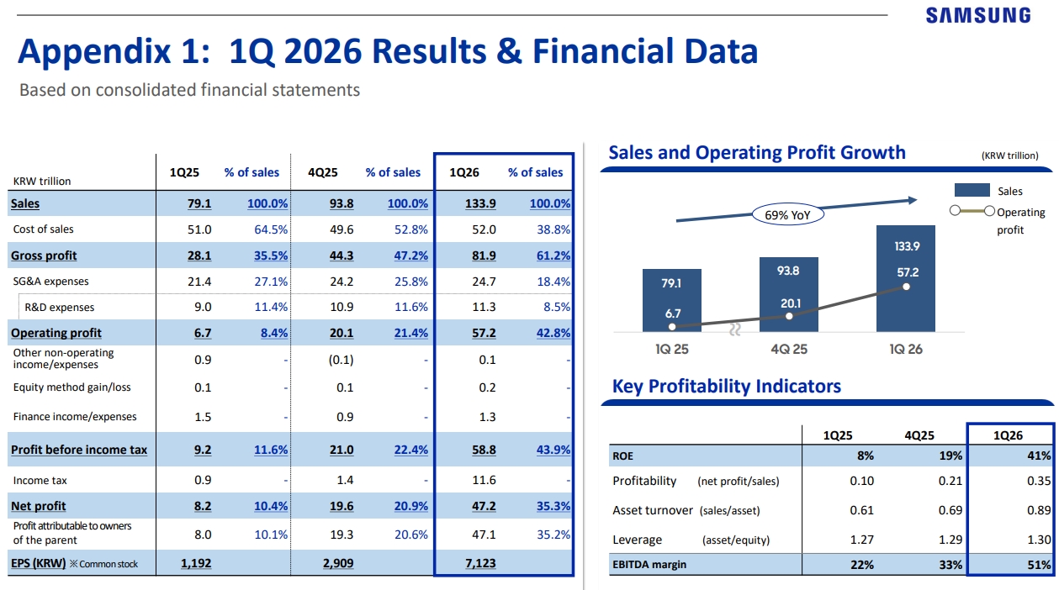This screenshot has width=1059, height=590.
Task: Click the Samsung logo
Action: [977, 15]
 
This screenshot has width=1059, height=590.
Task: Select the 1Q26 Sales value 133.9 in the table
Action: [480, 203]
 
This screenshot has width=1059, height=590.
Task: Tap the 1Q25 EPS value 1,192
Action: [196, 564]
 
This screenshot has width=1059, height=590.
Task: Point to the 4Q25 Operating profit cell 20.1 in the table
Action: [342, 333]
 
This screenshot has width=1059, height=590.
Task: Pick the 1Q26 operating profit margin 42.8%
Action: [553, 333]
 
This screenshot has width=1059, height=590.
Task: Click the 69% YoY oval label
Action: [789, 214]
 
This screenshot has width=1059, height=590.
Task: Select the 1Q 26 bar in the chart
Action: [905, 277]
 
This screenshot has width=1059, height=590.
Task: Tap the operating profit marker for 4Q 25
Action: [789, 316]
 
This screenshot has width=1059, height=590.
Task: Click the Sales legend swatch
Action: [971, 192]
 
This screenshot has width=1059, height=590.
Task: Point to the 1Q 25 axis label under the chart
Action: [671, 349]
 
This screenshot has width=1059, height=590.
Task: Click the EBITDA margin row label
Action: [649, 565]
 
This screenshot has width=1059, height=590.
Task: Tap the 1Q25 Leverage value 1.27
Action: [861, 540]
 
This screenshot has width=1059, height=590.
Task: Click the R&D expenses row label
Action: [59, 308]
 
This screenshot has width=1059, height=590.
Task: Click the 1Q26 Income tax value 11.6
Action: [484, 481]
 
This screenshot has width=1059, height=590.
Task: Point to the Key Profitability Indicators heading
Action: [726, 387]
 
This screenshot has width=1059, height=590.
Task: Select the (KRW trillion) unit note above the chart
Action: [1009, 155]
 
